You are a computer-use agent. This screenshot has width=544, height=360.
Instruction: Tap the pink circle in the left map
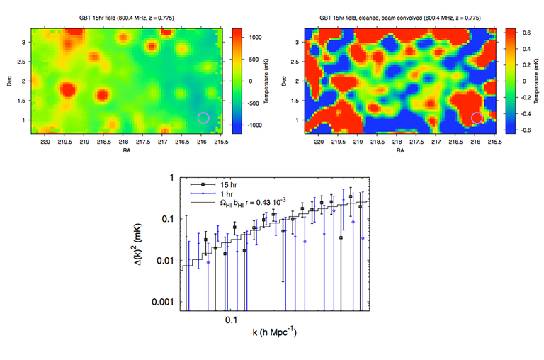pos(203,117)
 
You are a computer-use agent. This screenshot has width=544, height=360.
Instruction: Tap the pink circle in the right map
pos(477,117)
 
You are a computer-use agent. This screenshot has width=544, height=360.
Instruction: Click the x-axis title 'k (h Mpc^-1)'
pos(271,331)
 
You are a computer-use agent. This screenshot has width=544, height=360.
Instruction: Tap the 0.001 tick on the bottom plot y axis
pos(164,302)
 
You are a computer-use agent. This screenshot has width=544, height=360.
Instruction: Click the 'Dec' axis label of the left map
pos(9,81)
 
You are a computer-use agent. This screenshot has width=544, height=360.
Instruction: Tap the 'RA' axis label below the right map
pos(400,151)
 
